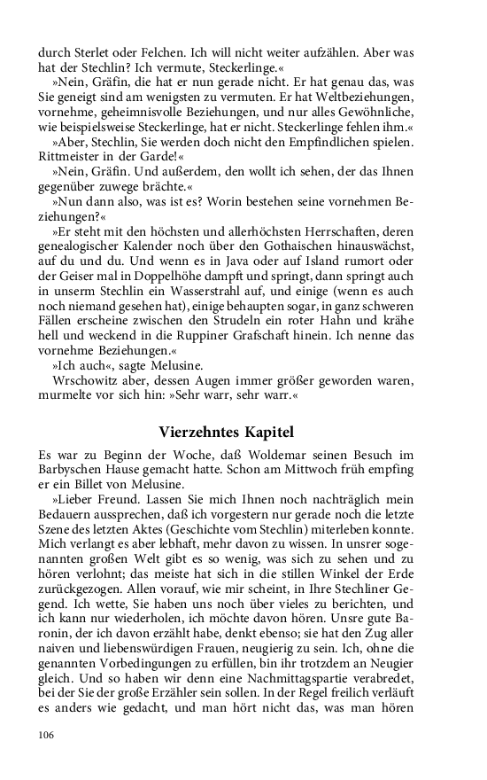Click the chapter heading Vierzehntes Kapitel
[x=227, y=432]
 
